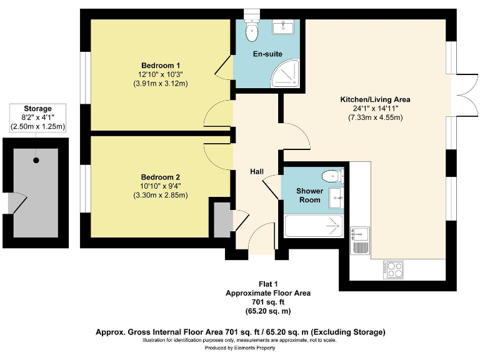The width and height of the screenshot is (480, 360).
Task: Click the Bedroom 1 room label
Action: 161,66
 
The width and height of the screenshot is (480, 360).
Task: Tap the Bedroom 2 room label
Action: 161,177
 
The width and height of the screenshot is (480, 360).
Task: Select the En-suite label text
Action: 267,54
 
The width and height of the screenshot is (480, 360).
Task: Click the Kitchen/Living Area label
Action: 375,99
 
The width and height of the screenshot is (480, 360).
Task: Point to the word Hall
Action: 257,172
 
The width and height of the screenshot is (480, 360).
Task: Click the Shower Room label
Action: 310,195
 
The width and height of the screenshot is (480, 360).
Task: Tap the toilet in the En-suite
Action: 252,30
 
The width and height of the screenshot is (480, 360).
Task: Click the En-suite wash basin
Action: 283,27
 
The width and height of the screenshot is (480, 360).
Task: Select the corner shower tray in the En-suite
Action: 285,73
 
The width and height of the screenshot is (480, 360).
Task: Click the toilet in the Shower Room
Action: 332,176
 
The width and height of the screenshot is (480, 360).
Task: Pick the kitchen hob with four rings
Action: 393,269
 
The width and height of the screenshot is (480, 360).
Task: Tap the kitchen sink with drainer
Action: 360,240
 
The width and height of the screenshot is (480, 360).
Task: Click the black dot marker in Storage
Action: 36,160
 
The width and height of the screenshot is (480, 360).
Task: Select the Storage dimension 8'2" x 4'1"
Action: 37,117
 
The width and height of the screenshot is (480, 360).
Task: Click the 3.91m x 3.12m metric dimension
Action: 161,83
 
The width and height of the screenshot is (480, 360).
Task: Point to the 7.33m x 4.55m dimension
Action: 375,117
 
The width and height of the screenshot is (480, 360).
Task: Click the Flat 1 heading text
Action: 269,284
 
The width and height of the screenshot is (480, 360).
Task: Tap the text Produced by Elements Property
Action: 240,347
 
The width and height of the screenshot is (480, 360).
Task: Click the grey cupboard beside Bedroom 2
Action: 222,219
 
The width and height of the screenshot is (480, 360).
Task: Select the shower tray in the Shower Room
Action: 314,226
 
